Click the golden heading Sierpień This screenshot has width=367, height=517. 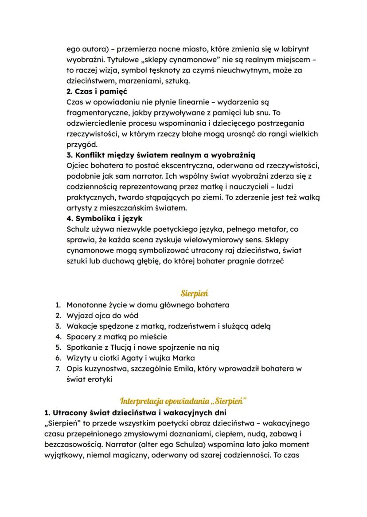tap(195, 293)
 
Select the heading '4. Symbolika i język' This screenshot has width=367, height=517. tap(104, 218)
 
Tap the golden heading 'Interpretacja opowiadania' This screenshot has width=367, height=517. tap(183, 401)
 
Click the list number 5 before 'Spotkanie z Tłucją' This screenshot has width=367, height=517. tap(58, 347)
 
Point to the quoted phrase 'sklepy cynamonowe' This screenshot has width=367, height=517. tap(156, 60)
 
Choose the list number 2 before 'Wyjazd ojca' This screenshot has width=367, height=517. tap(58, 315)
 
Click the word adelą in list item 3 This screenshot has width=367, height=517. tap(261, 326)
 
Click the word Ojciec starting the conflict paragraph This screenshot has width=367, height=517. tap(78, 166)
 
